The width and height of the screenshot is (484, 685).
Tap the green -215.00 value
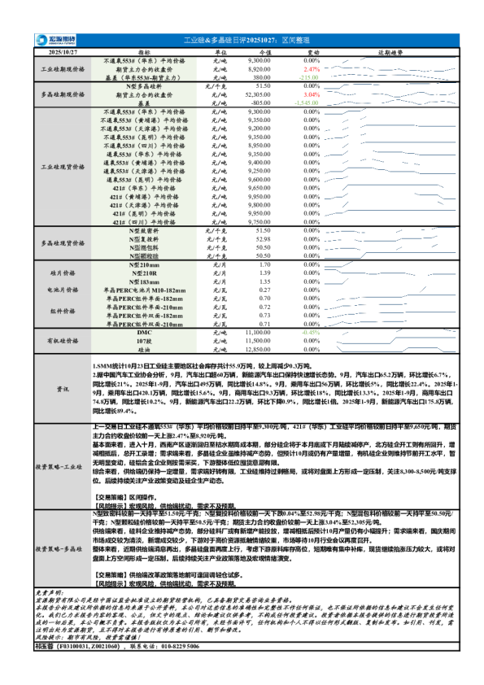coord(308,77)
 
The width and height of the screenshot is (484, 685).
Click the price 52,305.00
coord(258,94)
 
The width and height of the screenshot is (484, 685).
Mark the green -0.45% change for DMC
coord(311,333)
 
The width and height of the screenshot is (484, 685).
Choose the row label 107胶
coord(143,341)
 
